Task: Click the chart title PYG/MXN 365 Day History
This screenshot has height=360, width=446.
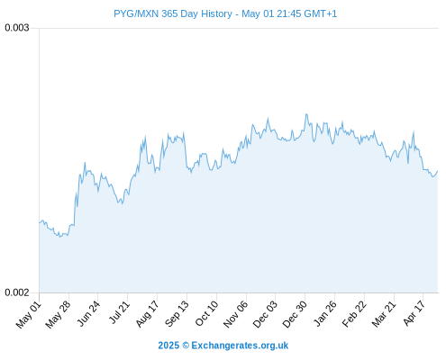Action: [173, 13]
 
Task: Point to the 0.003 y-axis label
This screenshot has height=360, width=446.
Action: [17, 28]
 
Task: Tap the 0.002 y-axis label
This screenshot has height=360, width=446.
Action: [17, 292]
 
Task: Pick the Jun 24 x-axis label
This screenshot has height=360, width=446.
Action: [87, 314]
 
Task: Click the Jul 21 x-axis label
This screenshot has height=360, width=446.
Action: [119, 313]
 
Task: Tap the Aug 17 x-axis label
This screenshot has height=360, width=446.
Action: [147, 314]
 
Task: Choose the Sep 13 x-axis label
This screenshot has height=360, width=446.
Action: [177, 314]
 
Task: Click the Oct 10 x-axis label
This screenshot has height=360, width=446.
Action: [206, 314]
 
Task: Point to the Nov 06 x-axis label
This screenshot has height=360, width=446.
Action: [235, 314]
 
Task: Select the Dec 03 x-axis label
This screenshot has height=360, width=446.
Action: [265, 314]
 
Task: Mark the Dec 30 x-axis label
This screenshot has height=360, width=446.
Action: [295, 314]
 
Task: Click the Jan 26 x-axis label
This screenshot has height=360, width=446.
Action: [324, 314]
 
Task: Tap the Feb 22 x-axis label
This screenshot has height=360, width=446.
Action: [354, 314]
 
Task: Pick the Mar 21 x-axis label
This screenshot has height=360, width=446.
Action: [384, 314]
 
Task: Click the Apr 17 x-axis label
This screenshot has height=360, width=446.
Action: [414, 313]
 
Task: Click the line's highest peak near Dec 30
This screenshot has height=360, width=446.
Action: [306, 114]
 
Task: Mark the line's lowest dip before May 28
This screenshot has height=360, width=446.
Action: [60, 237]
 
